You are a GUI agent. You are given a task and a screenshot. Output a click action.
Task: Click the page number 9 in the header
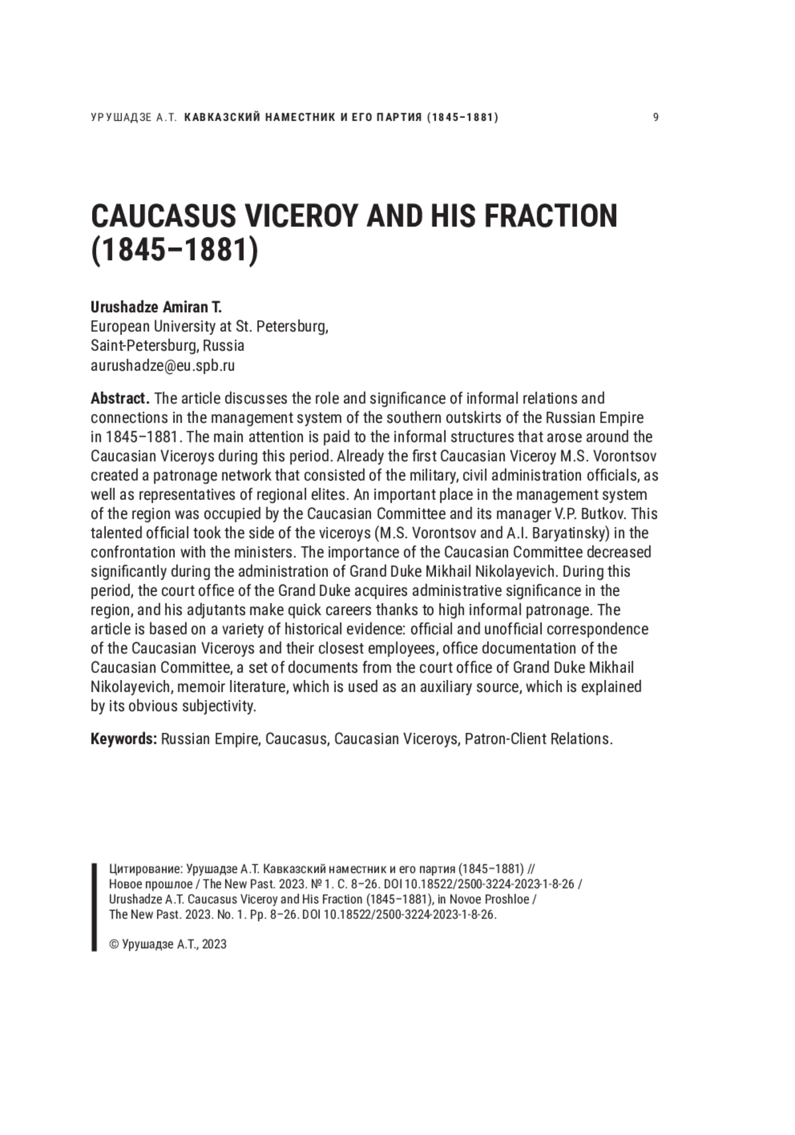click(x=655, y=118)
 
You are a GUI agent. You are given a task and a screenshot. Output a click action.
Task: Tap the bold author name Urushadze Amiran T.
click(x=156, y=307)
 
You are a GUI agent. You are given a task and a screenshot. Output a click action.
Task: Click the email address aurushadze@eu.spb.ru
click(x=162, y=365)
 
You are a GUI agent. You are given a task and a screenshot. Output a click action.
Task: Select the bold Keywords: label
click(x=123, y=738)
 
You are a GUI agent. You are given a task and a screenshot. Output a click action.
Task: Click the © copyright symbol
click(x=114, y=944)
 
